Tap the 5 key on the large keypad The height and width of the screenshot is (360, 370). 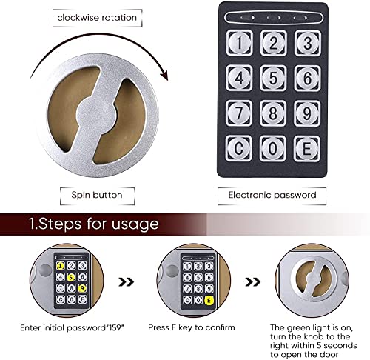coord(273,78)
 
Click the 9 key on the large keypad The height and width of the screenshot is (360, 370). coord(307,113)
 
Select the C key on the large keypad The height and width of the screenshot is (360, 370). coord(239,148)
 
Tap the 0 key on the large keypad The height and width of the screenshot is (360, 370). coord(273,148)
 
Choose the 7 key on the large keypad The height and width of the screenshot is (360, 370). coord(239,113)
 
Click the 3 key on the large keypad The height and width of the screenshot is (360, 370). coord(308,43)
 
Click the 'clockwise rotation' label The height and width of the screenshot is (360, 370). coord(97,18)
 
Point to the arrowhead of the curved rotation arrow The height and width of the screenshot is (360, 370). coord(164,75)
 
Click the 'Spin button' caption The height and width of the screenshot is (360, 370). coord(97,195)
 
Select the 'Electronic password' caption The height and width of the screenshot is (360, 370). coord(272,195)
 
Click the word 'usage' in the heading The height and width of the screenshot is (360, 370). coord(135,224)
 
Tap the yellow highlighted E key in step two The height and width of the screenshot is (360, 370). coord(209,301)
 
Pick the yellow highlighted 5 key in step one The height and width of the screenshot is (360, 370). coord(71,277)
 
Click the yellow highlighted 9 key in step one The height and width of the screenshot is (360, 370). coord(82,288)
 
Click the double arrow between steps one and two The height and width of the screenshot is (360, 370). coord(127,281)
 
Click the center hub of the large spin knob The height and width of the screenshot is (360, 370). coord(97,114)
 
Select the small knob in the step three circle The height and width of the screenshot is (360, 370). coord(314,279)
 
